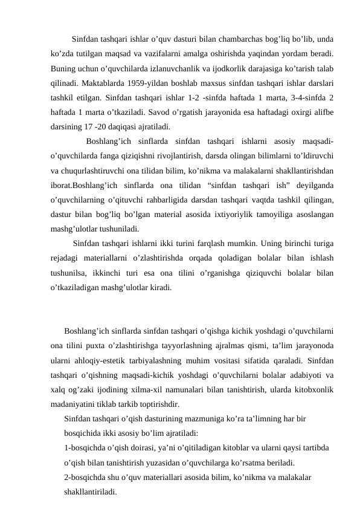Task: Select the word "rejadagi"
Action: (x=66, y=258)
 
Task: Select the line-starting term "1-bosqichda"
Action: (x=86, y=449)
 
